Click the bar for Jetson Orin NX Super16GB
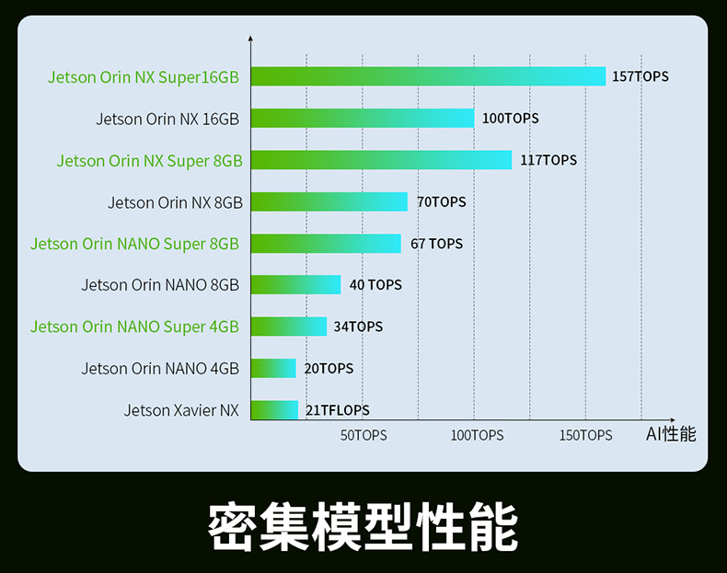pyautogui.click(x=428, y=76)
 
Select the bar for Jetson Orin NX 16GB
pyautogui.click(x=363, y=118)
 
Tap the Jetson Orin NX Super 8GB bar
pyautogui.click(x=381, y=160)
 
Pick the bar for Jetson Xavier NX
pyautogui.click(x=274, y=410)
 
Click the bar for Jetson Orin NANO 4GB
pyautogui.click(x=273, y=368)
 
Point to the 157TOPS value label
pyautogui.click(x=640, y=76)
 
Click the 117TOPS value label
pyautogui.click(x=548, y=160)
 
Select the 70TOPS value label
pyautogui.click(x=442, y=201)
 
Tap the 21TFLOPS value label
pyautogui.click(x=338, y=410)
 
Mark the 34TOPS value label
pyautogui.click(x=358, y=327)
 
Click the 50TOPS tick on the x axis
pyautogui.click(x=363, y=435)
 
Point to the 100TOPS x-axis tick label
pyautogui.click(x=477, y=435)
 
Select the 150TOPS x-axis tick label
pyautogui.click(x=585, y=435)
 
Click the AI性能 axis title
pyautogui.click(x=671, y=434)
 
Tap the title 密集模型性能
pyautogui.click(x=363, y=526)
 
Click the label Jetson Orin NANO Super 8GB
pyautogui.click(x=134, y=244)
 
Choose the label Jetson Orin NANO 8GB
pyautogui.click(x=160, y=285)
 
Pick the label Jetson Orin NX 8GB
pyautogui.click(x=175, y=202)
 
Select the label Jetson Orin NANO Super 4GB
pyautogui.click(x=134, y=327)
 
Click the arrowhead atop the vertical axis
pyautogui.click(x=250, y=39)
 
